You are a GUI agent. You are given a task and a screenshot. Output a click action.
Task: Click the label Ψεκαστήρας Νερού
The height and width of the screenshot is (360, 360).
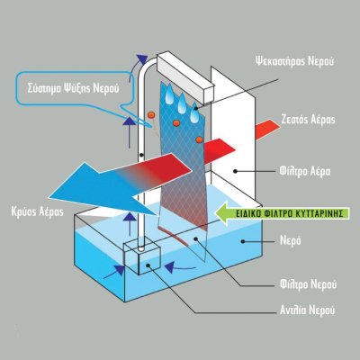294,61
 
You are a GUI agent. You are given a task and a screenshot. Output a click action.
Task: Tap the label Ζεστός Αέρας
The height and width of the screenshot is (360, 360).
308,120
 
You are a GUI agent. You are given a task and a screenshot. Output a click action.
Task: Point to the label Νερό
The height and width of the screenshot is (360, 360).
291,240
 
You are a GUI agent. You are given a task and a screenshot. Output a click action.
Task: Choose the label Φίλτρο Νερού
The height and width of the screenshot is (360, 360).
308,284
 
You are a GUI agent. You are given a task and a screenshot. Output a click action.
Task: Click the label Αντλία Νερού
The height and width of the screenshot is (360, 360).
307,310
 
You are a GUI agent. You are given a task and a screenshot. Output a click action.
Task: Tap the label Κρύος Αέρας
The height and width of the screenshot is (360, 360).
37,211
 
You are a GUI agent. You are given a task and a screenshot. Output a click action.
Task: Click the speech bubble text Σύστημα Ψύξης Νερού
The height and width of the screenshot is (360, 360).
73,88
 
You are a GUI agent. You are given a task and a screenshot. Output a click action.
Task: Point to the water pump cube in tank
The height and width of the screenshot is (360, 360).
142,258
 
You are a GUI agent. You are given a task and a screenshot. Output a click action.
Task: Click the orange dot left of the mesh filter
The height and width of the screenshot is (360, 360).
151,114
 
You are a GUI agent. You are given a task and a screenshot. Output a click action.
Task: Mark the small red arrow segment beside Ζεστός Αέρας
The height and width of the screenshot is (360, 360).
267,130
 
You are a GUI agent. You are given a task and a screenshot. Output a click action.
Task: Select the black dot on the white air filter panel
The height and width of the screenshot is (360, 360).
236,171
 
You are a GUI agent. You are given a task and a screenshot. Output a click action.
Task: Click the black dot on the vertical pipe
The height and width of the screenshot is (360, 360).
140,155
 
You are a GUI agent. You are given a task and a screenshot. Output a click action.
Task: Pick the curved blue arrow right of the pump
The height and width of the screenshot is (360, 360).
179,267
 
